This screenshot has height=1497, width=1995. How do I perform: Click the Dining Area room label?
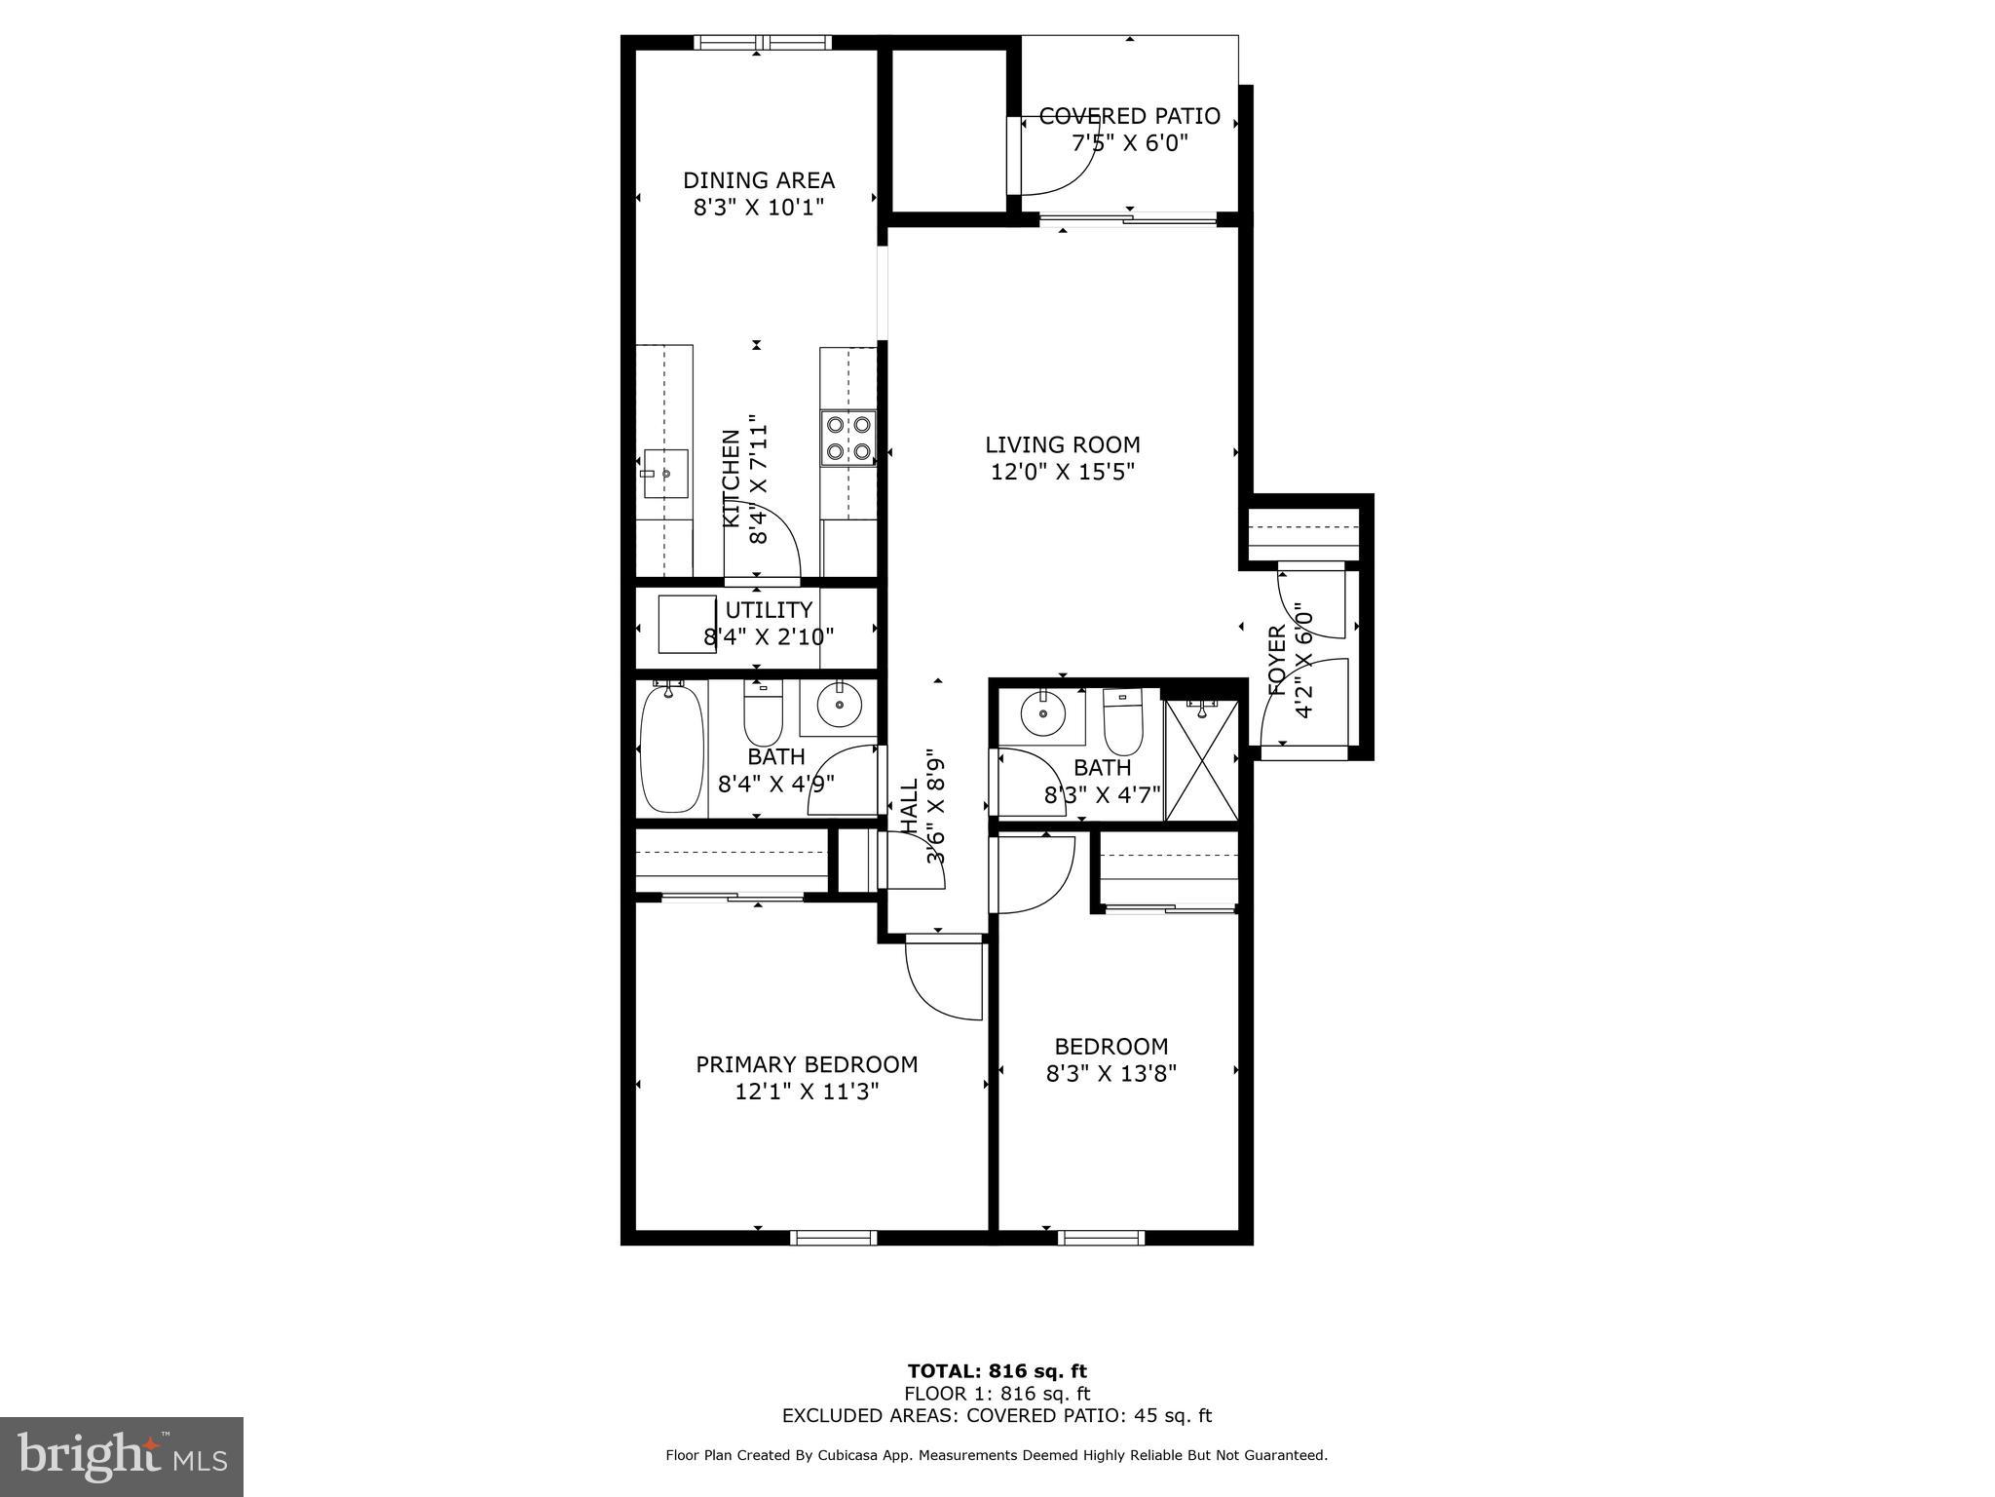pos(758,180)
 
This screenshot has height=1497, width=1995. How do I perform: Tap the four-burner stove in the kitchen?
pos(848,438)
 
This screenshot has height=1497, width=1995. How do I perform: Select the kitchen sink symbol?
pos(665,474)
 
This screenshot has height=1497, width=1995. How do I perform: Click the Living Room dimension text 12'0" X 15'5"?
pos(1062,472)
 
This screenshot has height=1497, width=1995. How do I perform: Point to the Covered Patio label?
pos(1129,116)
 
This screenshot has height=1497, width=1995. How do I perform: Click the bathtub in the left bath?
pos(671,748)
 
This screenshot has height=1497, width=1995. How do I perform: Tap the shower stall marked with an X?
pos(1201,760)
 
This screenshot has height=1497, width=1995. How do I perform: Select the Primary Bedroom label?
pos(807,1064)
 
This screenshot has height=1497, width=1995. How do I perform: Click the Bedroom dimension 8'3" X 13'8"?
pos(1111,1073)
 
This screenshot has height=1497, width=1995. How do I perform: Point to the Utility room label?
pos(769,610)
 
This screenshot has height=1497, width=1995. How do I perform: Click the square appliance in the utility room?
pos(687,625)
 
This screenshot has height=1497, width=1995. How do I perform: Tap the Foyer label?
pos(1277,660)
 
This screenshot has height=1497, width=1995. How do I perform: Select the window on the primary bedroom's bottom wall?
pos(833,1238)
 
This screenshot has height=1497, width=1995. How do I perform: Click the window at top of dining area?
pos(762,42)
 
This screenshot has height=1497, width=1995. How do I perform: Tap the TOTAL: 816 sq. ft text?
pos(997,1371)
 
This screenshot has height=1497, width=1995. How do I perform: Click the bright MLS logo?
pos(122,1457)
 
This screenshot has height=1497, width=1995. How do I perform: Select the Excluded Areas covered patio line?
pos(997,1416)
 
